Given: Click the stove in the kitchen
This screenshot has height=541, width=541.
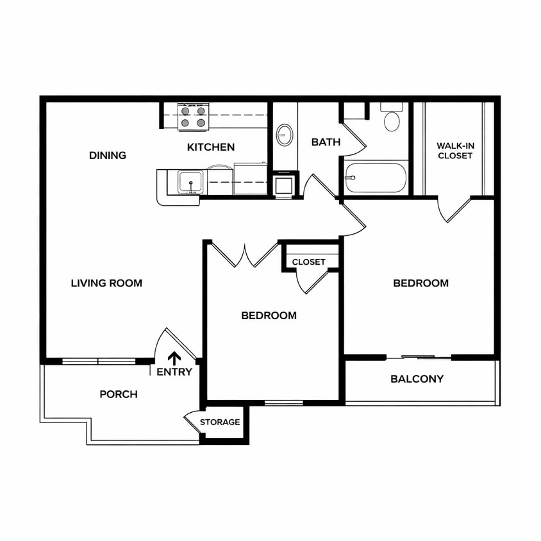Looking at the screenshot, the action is (x=193, y=117).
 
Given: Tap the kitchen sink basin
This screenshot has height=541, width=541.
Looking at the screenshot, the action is (x=190, y=182).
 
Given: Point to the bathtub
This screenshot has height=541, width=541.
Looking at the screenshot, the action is (x=376, y=178).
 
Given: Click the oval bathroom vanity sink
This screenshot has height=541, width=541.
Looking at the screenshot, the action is (x=285, y=135).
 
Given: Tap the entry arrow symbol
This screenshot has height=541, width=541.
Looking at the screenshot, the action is (x=174, y=359).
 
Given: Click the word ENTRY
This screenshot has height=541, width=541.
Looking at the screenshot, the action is (x=174, y=372).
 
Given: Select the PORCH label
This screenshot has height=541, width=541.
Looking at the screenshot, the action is (x=119, y=394).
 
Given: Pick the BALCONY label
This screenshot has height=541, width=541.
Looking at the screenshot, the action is (x=417, y=379).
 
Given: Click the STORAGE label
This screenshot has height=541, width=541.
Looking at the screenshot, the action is (x=220, y=422).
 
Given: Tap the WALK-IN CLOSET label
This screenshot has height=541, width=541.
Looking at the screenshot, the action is (x=455, y=151).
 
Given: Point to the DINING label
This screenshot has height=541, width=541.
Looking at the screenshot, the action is (x=108, y=155).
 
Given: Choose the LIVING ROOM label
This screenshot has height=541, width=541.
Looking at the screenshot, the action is (x=106, y=283).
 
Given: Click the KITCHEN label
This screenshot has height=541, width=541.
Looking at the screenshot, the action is (x=211, y=147).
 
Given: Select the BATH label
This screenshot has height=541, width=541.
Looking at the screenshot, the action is (x=326, y=142).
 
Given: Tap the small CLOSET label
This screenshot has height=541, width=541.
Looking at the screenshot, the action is (x=308, y=262).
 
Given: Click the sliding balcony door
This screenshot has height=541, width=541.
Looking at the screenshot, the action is (x=418, y=357).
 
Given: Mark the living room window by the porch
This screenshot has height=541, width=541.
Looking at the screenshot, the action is (x=99, y=362).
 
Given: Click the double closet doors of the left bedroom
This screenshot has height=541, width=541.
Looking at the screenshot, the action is (x=245, y=254).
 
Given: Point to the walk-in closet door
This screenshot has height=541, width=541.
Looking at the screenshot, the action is (x=454, y=210).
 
